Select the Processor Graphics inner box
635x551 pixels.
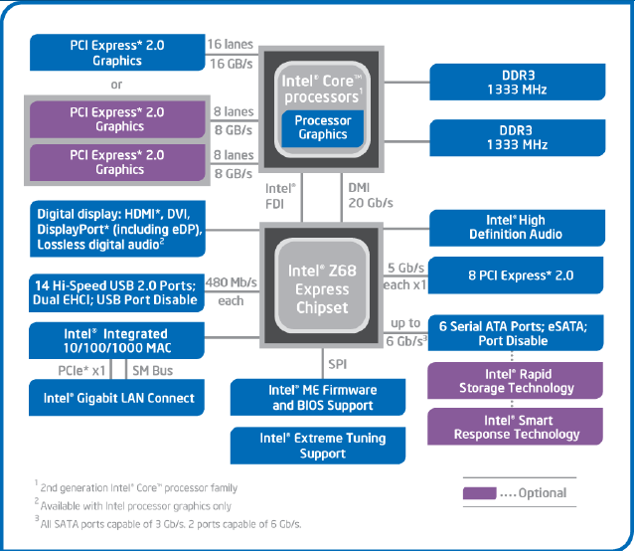click(x=322, y=127)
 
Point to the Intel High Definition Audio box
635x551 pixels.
click(x=515, y=227)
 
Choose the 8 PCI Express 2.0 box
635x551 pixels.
click(x=515, y=275)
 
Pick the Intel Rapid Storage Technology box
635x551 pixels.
click(x=516, y=380)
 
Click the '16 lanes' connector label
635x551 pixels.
click(x=231, y=45)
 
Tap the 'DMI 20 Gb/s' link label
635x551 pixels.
click(x=369, y=194)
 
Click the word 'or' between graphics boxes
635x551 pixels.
click(x=117, y=85)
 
